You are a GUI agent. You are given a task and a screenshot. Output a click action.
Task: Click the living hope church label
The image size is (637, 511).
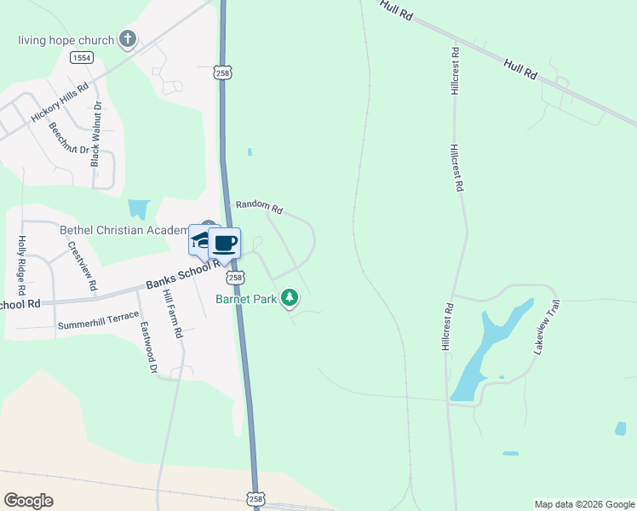(66, 40)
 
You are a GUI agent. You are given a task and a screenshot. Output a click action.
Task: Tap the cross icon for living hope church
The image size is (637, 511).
(128, 39)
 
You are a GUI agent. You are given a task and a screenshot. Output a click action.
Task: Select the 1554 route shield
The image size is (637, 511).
(82, 57)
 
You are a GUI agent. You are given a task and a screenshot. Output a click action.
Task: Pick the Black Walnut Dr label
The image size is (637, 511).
(96, 134)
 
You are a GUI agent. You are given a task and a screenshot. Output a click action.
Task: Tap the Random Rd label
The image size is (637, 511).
(258, 206)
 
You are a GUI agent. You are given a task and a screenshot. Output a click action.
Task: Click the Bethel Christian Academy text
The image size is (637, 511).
(123, 230)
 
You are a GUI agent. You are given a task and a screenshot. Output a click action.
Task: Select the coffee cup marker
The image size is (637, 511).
(225, 244)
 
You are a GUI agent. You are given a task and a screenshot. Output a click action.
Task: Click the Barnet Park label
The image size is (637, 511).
(247, 298)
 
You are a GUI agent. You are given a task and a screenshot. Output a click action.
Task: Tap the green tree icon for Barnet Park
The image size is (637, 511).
(291, 297)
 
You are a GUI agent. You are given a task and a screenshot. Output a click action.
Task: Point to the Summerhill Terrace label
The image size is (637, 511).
(98, 325)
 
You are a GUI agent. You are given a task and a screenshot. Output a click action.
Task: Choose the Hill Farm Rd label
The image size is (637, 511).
(173, 314)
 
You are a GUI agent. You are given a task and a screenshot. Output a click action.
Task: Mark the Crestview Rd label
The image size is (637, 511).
(81, 267)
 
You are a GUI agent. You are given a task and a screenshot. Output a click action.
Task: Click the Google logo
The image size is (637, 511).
(29, 501)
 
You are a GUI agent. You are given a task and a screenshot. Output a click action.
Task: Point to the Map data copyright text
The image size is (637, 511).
(584, 504)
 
